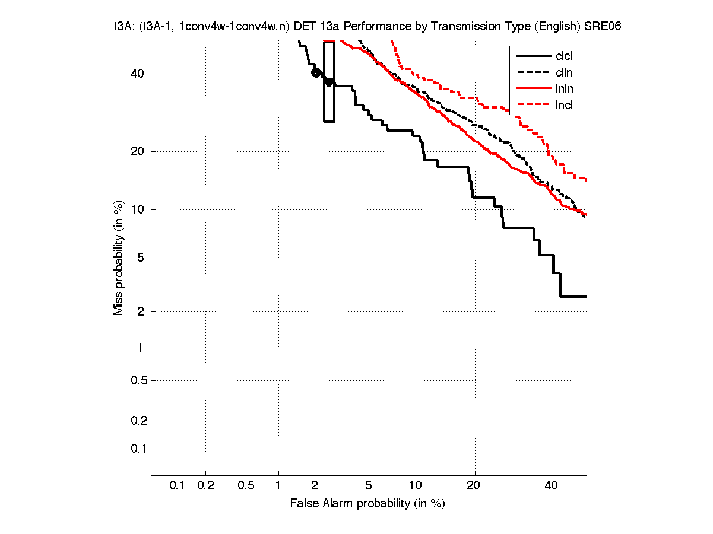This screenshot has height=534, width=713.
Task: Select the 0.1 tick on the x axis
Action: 178,485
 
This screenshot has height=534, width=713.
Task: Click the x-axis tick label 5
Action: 369,485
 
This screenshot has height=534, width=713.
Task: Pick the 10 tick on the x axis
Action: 417,485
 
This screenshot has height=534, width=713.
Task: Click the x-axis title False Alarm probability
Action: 367,504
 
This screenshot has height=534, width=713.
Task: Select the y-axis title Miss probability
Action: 119,258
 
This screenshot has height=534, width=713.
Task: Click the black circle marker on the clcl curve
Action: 316,72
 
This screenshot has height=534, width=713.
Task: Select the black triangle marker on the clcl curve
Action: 329,82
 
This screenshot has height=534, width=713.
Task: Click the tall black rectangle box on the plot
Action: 329,82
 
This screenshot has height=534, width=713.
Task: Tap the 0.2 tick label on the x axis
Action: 205,485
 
